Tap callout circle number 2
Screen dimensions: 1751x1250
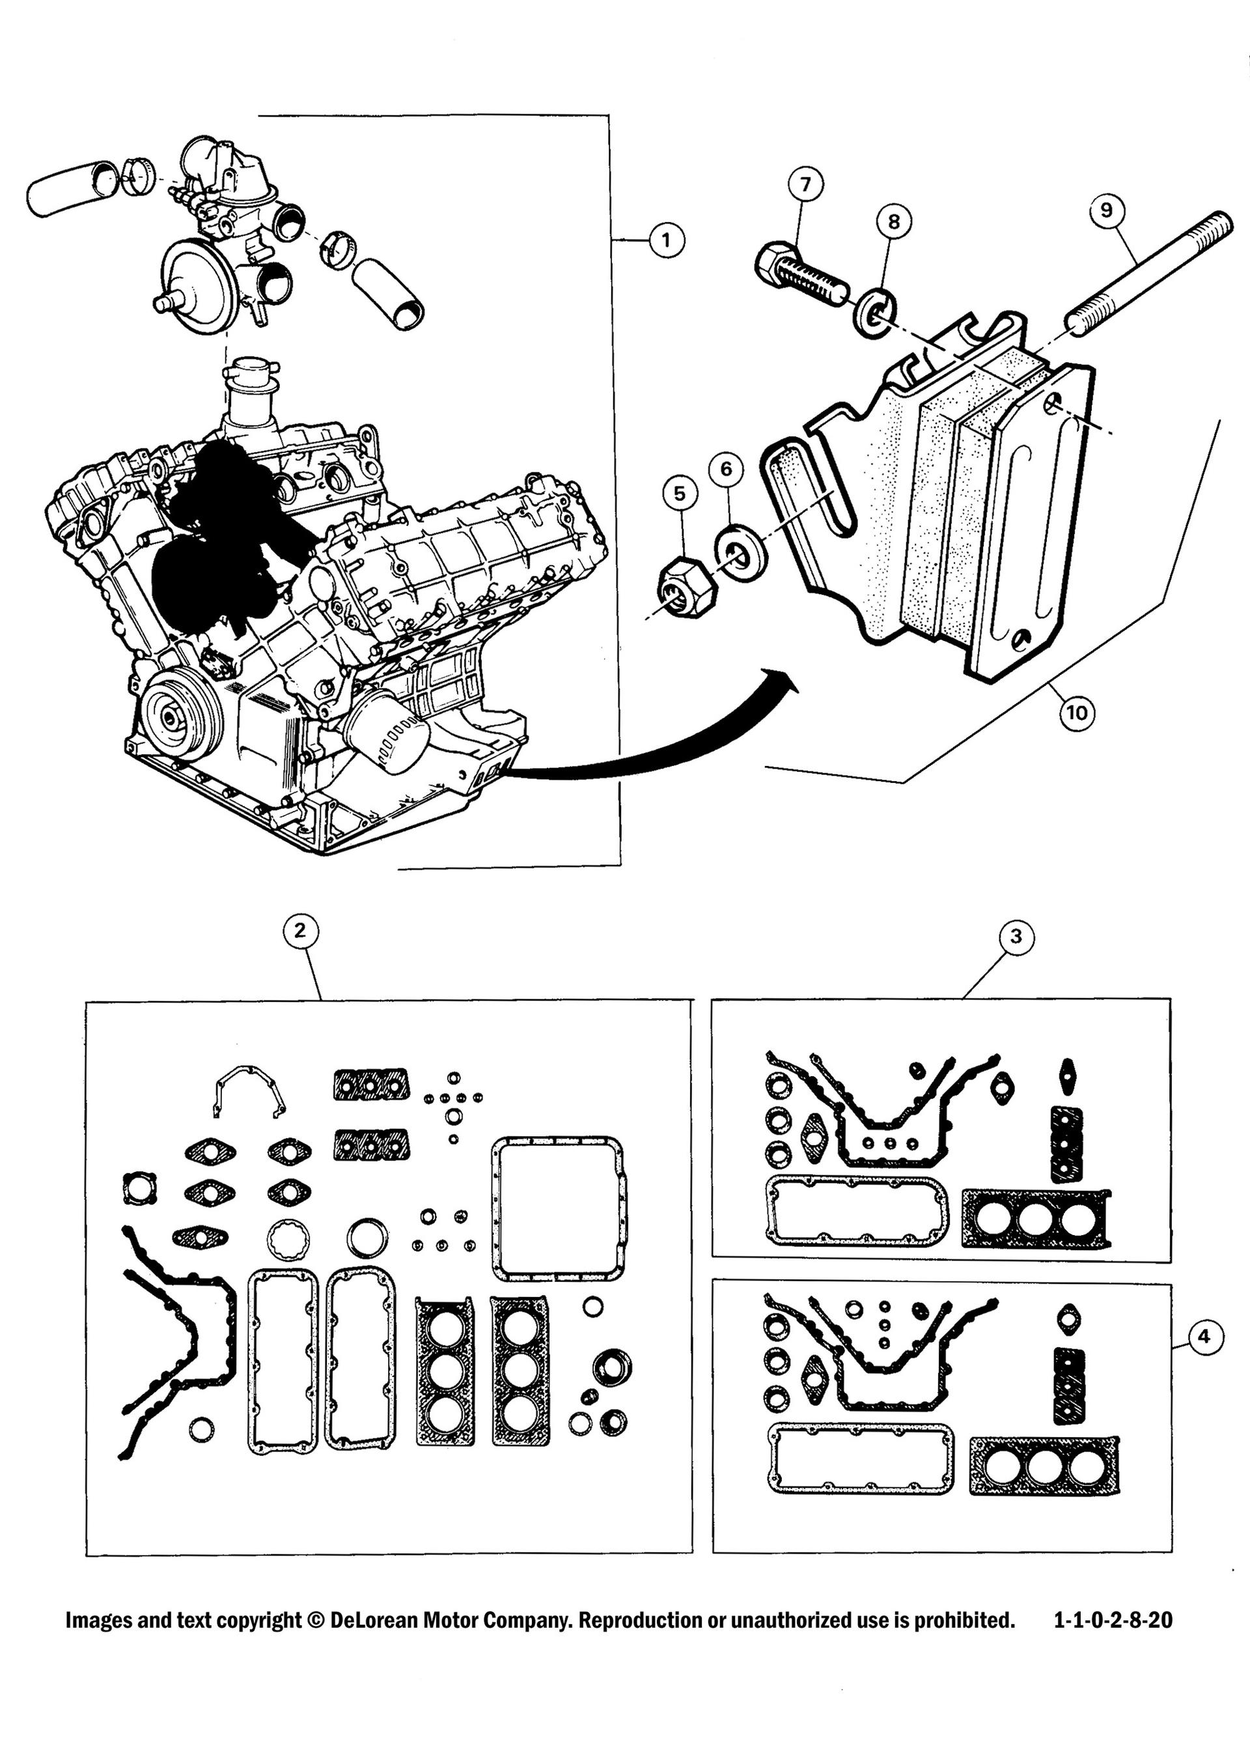pyautogui.click(x=300, y=930)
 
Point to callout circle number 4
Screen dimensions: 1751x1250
pyautogui.click(x=1204, y=1336)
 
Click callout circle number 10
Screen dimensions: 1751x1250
pyautogui.click(x=1077, y=712)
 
